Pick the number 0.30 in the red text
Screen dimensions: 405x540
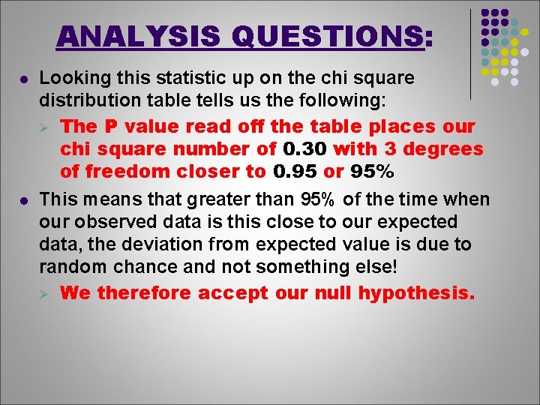click(306, 149)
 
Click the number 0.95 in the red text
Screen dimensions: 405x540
click(295, 171)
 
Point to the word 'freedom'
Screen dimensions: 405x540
click(121, 171)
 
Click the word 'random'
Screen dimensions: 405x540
click(69, 268)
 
